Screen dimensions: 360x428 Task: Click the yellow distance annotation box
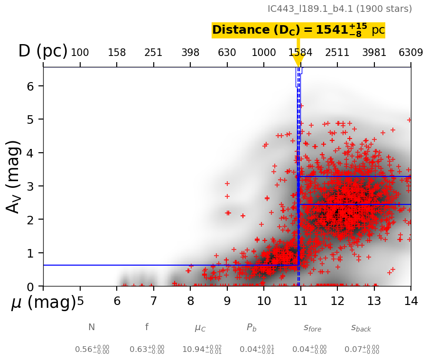298,30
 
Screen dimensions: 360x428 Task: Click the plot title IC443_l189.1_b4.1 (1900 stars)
339,9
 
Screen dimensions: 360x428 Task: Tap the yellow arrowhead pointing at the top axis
298,61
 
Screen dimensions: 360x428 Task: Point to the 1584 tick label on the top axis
300,53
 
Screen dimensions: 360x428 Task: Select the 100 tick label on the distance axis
80,53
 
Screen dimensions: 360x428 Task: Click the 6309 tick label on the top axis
411,53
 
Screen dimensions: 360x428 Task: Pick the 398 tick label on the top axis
190,53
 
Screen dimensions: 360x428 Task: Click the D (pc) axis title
43,51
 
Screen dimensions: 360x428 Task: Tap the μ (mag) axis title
43,303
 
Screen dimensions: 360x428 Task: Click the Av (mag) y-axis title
14,176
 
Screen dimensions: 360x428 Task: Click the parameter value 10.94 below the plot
202,350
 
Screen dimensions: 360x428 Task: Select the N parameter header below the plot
92,327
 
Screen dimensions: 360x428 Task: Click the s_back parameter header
361,328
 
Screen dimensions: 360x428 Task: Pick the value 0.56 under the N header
92,350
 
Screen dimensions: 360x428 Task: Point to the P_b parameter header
251,328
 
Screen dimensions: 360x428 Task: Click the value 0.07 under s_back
362,350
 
